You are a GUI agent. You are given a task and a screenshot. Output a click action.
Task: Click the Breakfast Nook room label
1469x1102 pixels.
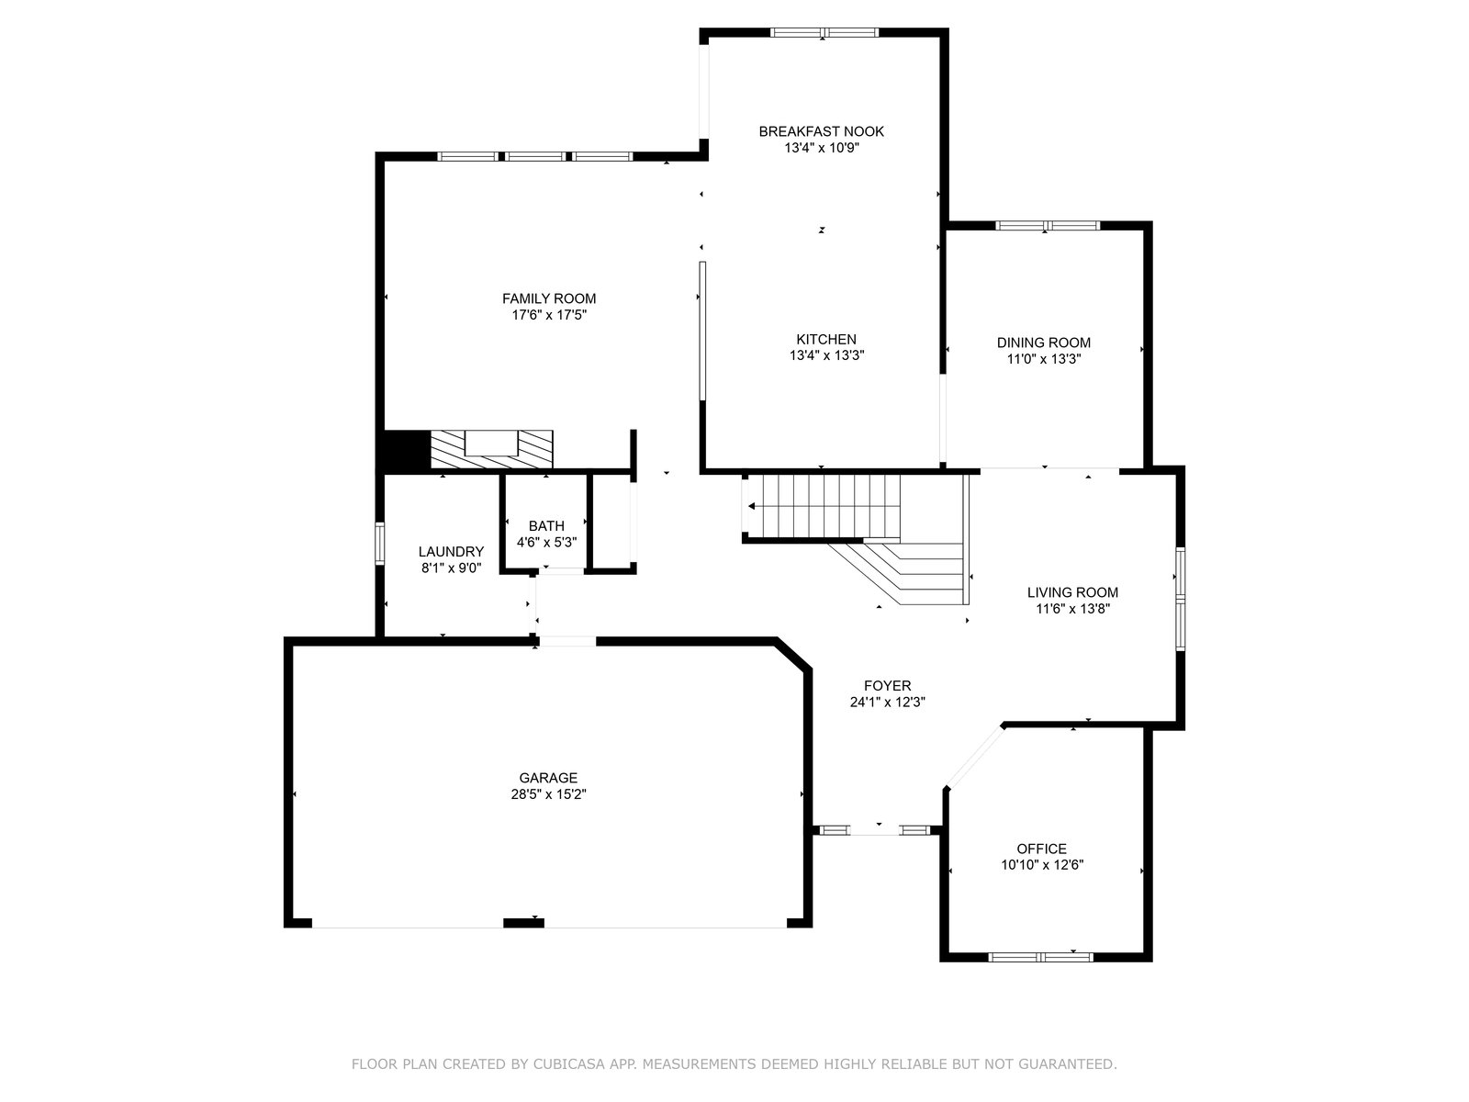(821, 132)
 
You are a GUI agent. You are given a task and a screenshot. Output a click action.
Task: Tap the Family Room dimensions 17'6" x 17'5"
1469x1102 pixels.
(549, 315)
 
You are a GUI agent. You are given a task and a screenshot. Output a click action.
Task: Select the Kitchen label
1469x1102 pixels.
(825, 339)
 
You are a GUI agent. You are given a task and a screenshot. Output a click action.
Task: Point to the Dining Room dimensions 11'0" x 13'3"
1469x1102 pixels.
(1043, 359)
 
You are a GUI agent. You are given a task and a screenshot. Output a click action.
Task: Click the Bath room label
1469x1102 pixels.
(546, 526)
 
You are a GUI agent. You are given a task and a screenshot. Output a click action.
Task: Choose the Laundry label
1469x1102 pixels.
(451, 552)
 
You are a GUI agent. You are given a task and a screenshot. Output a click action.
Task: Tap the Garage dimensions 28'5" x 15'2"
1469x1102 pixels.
(548, 795)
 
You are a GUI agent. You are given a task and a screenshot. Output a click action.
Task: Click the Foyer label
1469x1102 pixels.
(888, 686)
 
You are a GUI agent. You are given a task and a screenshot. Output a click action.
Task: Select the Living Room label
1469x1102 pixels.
(1072, 592)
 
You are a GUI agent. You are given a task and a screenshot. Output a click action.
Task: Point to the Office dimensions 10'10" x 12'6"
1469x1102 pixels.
(1042, 865)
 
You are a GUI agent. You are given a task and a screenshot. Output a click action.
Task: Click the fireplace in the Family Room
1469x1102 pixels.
(491, 449)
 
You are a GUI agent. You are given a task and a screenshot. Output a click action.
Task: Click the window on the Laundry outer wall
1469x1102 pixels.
(379, 544)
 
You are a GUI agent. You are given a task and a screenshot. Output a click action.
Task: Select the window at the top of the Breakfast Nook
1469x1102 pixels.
(824, 32)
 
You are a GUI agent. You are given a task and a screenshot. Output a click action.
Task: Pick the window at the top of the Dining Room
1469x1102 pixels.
(1048, 226)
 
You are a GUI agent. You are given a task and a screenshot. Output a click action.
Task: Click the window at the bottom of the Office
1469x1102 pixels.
(1040, 958)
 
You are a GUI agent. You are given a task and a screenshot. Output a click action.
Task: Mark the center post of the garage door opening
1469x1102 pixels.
(523, 923)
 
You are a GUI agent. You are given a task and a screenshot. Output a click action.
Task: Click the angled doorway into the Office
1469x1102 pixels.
(974, 756)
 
